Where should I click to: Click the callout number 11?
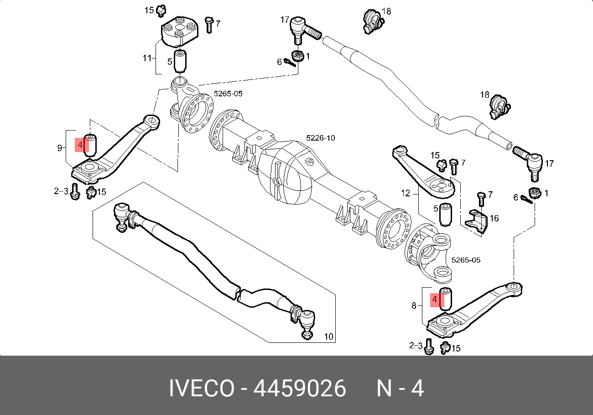(146, 58)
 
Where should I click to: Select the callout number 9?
(60, 147)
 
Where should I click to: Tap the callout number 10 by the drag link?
(328, 337)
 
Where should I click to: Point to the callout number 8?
(414, 305)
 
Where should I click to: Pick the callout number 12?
(406, 193)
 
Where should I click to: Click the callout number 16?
(494, 218)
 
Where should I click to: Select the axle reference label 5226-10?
(321, 137)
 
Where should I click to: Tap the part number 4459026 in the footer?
(300, 389)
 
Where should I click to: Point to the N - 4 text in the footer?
(400, 389)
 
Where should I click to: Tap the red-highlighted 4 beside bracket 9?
(80, 145)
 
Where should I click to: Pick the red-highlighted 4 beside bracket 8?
(435, 299)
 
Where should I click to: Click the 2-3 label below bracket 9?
(61, 191)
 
